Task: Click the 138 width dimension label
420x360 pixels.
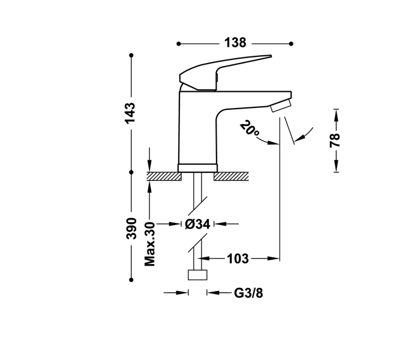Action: [235, 43]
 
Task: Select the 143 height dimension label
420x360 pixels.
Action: [131, 113]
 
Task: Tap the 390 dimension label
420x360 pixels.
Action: [131, 229]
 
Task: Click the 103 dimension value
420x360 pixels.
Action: [238, 259]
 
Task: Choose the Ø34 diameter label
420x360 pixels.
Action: [197, 224]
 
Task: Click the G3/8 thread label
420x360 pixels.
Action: [248, 293]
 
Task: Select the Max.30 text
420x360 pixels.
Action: [150, 244]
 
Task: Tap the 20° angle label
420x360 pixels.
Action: [248, 129]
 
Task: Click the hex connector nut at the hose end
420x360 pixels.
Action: [197, 275]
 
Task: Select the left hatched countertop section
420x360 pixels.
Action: [164, 176]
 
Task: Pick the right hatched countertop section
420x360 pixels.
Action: [231, 176]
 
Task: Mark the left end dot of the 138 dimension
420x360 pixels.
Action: [179, 43]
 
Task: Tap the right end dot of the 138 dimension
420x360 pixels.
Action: [291, 43]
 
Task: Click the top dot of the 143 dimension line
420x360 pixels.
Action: [131, 55]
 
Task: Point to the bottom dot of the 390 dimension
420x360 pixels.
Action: [131, 278]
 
